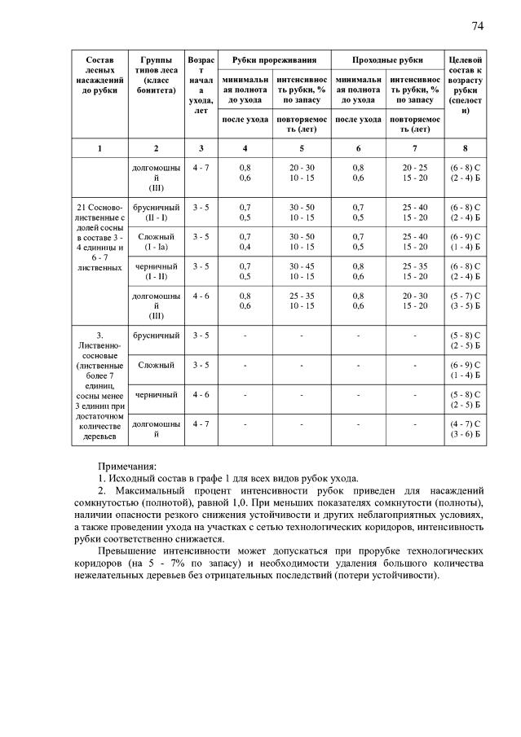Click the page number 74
(478, 26)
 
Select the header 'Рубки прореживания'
(272, 60)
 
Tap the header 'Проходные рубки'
(387, 60)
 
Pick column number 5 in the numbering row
(301, 148)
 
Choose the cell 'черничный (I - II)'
(156, 270)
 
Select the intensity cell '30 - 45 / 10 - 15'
(301, 270)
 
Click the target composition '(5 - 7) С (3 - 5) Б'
(465, 301)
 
